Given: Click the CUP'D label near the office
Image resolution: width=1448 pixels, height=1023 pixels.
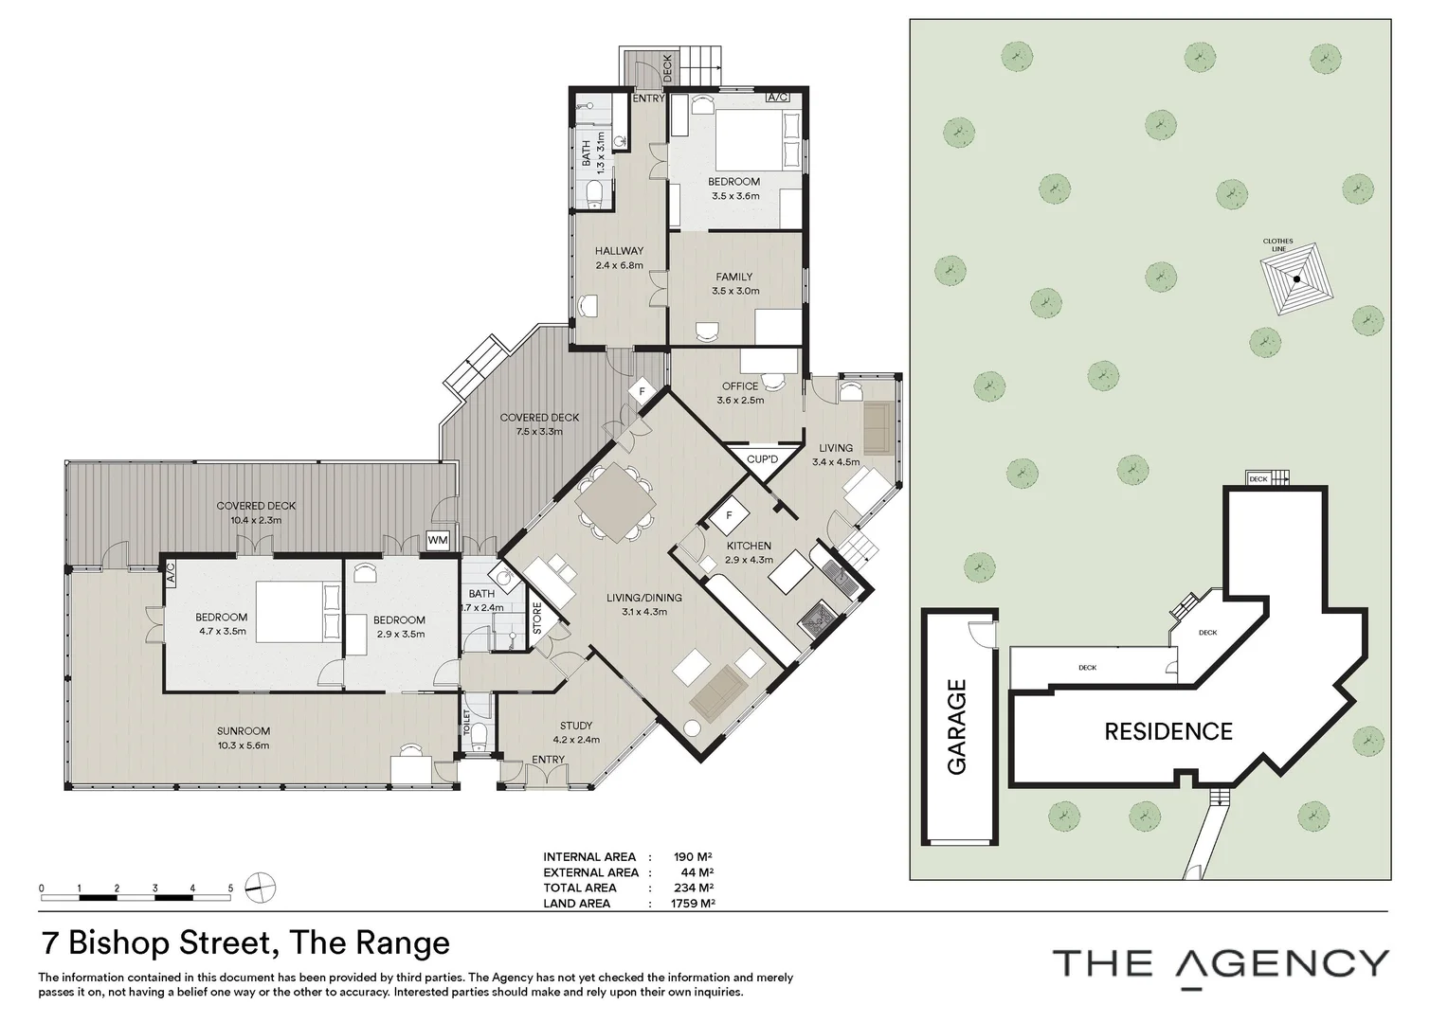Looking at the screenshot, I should (x=762, y=459).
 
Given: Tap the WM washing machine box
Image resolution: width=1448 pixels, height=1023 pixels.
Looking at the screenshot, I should (x=438, y=540).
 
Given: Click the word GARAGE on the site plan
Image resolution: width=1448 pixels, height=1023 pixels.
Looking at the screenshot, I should (x=957, y=727).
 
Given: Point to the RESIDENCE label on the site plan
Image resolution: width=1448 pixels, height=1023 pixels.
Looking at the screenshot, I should (x=1167, y=731).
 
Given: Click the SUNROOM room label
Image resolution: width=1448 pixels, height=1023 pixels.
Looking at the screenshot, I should (x=243, y=731).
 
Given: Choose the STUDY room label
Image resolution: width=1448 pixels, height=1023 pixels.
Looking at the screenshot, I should (x=575, y=727).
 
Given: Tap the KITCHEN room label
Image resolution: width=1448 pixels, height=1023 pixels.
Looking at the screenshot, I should (x=749, y=546).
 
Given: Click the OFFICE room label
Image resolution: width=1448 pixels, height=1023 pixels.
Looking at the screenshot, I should (x=740, y=386).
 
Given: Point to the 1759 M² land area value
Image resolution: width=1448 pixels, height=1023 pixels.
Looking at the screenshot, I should (x=692, y=904).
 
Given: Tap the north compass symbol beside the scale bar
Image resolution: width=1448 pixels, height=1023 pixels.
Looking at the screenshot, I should (x=260, y=888).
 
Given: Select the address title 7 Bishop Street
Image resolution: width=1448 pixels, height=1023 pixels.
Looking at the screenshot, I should (x=244, y=942).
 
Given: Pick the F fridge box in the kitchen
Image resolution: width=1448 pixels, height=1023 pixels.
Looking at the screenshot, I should (x=730, y=516).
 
